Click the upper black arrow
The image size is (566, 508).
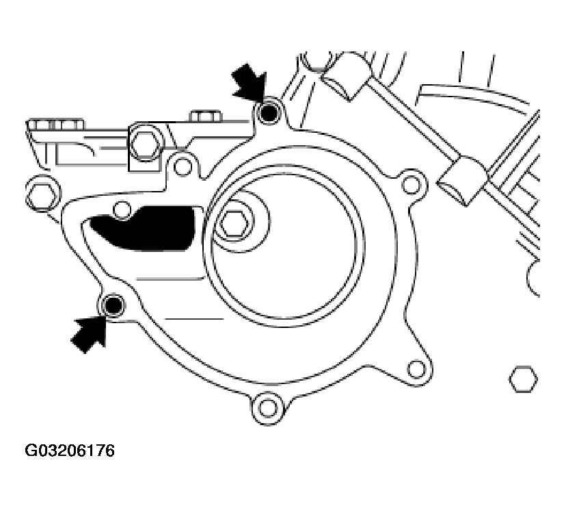point(250,82)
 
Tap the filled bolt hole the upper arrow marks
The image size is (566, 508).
point(269,114)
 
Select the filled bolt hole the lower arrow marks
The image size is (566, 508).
point(113,305)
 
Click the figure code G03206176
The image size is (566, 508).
point(70,451)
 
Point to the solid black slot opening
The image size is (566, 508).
point(144,229)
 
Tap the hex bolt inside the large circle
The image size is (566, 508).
point(234,223)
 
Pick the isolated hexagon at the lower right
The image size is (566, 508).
point(523,379)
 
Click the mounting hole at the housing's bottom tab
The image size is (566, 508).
point(267,408)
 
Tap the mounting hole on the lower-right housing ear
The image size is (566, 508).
point(416,369)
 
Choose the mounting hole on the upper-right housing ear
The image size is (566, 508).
point(411,184)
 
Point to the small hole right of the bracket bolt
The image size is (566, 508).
point(183,166)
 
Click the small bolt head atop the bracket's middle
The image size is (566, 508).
point(204,116)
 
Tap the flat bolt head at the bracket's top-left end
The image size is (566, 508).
point(56,124)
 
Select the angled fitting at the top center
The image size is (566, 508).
point(346,75)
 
